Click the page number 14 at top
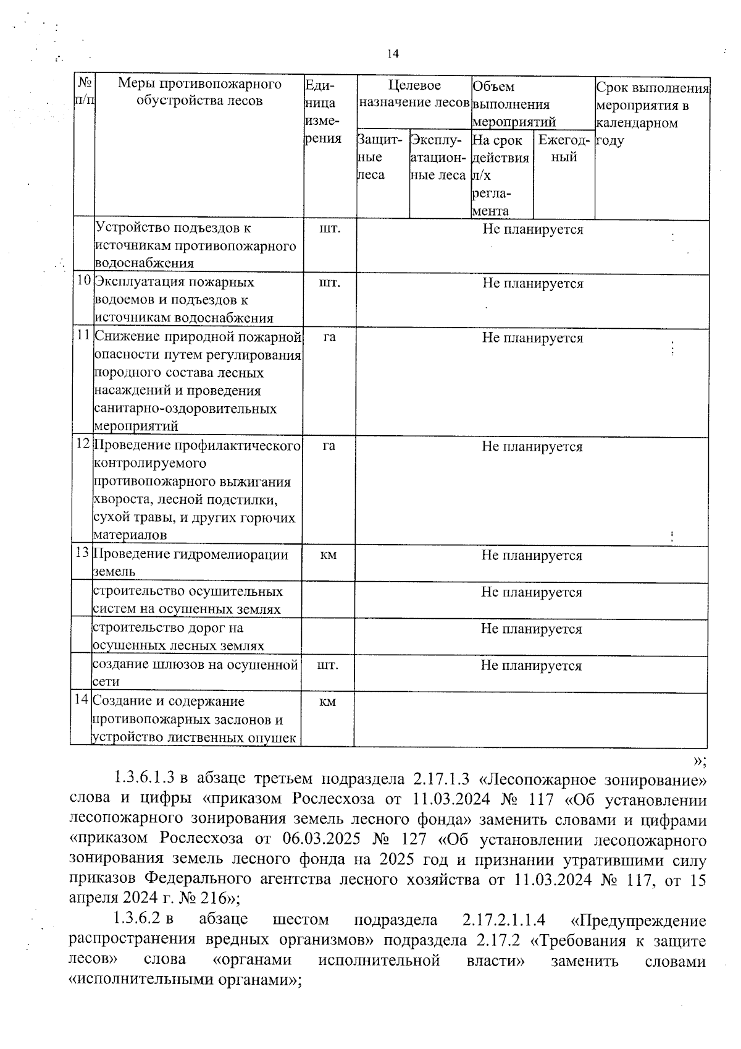393,54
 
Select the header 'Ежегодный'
564,149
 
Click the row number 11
83,336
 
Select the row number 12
83,445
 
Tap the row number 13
83,553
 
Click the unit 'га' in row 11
329,337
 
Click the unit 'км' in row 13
329,554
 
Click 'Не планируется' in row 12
532,446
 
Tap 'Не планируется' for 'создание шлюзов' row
532,665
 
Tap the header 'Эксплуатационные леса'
438,158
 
